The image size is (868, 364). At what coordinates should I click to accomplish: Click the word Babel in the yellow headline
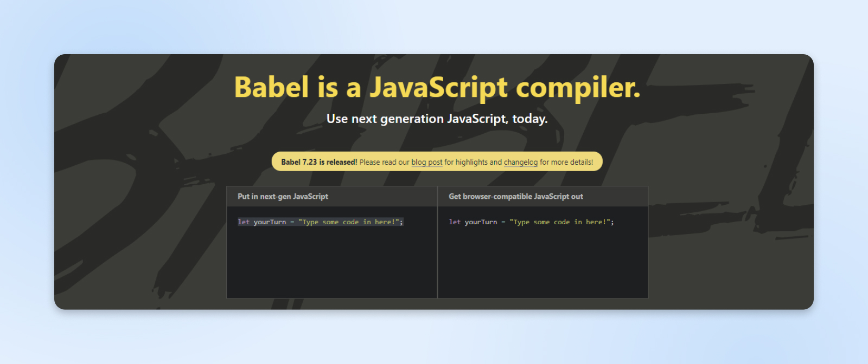272,87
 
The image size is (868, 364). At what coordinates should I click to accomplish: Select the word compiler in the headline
578,88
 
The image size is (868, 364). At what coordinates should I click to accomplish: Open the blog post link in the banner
426,162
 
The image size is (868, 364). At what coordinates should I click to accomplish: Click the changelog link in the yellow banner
520,162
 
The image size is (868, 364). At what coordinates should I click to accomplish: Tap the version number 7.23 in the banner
309,162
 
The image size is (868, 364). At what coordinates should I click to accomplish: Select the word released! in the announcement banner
342,162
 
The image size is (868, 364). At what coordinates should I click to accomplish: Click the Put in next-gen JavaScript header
283,197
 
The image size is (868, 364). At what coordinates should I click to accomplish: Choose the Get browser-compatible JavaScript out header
515,197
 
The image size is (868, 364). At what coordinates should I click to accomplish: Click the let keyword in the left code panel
244,222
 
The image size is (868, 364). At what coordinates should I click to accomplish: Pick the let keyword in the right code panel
455,222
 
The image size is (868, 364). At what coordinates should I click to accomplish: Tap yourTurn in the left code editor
270,222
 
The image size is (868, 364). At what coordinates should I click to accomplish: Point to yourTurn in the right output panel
481,222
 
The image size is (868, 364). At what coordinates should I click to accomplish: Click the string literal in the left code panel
349,222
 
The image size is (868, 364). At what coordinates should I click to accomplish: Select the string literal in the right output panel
560,222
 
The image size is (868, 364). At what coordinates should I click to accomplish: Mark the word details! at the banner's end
582,162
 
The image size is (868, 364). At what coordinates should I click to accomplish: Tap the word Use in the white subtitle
337,119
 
